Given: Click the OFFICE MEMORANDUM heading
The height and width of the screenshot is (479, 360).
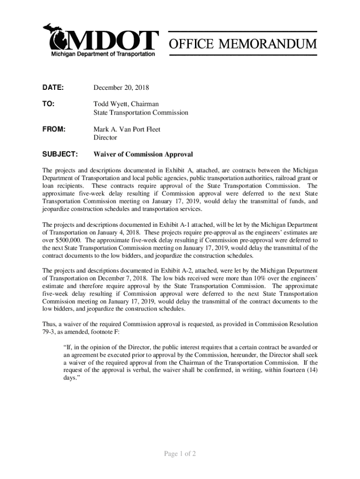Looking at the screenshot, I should (x=243, y=44).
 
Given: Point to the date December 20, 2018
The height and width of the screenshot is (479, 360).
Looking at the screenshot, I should (x=121, y=87).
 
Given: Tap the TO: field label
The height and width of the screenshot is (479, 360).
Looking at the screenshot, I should (x=49, y=104).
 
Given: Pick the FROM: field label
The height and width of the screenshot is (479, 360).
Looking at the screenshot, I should (x=54, y=129).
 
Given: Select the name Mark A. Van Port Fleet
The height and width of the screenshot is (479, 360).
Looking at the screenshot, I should (x=127, y=129).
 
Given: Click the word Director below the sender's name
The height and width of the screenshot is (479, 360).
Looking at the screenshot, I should (x=105, y=138).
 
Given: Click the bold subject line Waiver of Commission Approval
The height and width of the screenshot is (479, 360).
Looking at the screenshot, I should (x=143, y=154).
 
